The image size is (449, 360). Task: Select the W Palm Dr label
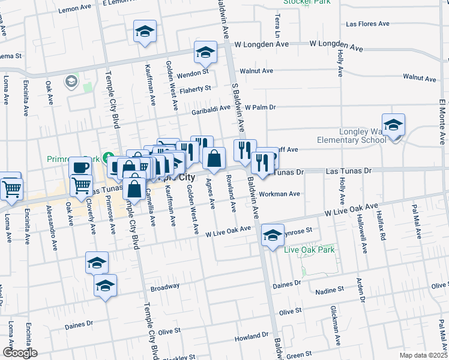(x=264, y=107)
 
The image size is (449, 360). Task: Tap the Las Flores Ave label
(x=368, y=25)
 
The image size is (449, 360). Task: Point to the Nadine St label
(x=330, y=289)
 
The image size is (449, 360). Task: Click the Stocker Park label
(x=299, y=2)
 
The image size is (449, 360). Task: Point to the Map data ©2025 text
(x=423, y=355)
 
